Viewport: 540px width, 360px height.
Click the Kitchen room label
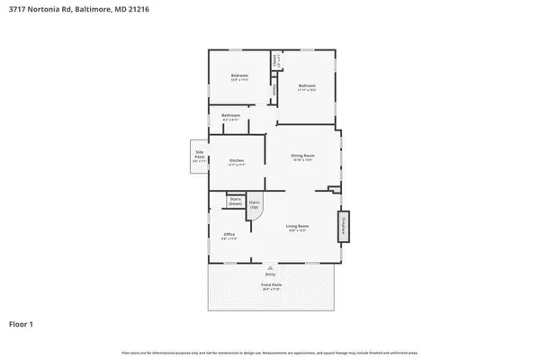237,160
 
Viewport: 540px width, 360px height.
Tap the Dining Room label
301,156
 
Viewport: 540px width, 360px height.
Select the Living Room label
298,225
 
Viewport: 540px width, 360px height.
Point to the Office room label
229,235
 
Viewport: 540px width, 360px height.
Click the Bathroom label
231,115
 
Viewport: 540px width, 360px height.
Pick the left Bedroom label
238,75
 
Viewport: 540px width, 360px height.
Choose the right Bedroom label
307,85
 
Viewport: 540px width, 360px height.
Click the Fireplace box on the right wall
343,227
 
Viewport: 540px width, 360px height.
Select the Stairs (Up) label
254,204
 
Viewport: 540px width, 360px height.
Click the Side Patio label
199,155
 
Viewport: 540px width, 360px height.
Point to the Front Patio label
270,285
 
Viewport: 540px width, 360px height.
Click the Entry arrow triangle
270,267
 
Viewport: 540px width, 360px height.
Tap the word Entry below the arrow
270,274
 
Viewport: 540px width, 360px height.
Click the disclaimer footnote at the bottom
270,351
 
